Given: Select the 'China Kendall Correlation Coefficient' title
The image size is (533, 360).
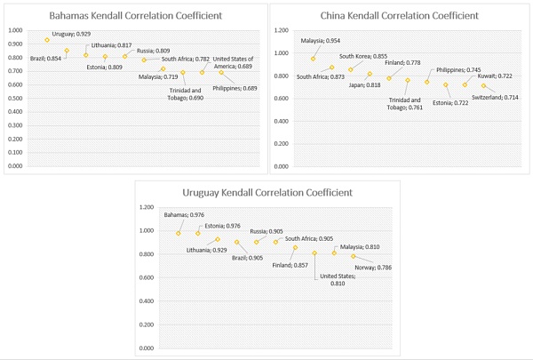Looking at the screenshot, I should click(x=399, y=15).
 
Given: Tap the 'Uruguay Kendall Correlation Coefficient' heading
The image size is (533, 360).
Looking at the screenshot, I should click(x=266, y=192).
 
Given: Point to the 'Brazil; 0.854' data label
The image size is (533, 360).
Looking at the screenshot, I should click(x=46, y=58).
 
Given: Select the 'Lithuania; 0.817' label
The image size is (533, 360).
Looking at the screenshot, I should click(x=111, y=45).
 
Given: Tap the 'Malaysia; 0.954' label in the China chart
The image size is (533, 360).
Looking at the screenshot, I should click(x=321, y=41).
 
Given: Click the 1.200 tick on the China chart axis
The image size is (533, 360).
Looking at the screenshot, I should click(x=281, y=30).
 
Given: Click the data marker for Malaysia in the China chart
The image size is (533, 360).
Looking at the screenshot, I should click(x=313, y=59).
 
